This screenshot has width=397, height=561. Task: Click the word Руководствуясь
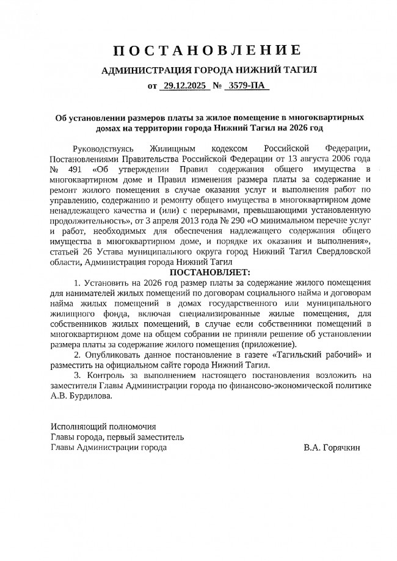pyautogui.click(x=101, y=148)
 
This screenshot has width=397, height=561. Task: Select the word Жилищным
pyautogui.click(x=172, y=148)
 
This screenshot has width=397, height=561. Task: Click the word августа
pyautogui.click(x=300, y=159)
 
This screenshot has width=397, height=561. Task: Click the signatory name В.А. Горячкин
pyautogui.click(x=332, y=447)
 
